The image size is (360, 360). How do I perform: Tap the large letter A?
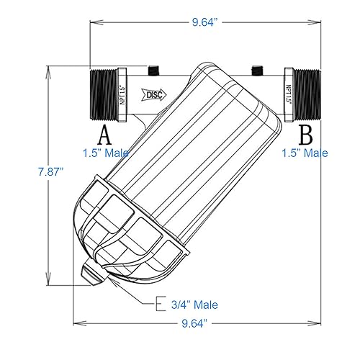[x=105, y=135]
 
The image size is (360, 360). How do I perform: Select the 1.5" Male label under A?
[x=105, y=153]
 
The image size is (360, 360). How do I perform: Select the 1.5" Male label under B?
[x=304, y=153]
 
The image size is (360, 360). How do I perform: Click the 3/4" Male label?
[x=194, y=305]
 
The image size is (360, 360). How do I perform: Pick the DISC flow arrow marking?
[x=153, y=94]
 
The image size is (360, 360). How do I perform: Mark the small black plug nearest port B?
[x=256, y=70]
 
